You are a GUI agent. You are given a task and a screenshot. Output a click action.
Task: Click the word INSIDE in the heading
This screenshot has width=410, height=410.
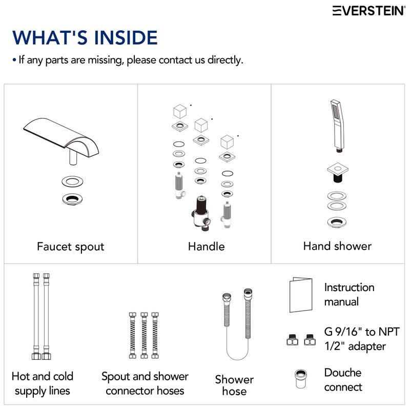(x=126, y=37)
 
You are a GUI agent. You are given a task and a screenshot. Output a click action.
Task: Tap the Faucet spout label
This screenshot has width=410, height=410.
(x=71, y=247)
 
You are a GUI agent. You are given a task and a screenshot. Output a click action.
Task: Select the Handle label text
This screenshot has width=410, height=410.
(x=207, y=247)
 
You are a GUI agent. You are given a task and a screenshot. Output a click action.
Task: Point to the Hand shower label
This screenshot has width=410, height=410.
(x=337, y=246)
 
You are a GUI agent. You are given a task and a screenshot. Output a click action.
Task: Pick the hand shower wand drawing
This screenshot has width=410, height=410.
(x=338, y=125)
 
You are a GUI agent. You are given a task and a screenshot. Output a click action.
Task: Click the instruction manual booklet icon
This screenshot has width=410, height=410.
(x=301, y=295)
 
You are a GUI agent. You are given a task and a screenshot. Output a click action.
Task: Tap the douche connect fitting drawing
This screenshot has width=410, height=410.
(x=301, y=379)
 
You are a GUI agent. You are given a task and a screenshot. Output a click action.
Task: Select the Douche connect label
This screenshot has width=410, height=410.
(x=343, y=380)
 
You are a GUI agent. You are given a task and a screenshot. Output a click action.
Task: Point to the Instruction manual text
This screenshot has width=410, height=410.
(x=350, y=294)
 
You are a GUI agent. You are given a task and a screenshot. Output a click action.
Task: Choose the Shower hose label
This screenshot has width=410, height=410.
(x=234, y=385)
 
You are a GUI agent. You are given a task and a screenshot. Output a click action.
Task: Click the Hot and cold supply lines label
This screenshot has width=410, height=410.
(x=43, y=383)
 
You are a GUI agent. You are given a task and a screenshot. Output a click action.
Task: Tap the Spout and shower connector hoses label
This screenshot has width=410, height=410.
(x=145, y=383)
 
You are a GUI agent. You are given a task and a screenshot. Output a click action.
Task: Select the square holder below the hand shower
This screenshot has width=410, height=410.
(x=338, y=172)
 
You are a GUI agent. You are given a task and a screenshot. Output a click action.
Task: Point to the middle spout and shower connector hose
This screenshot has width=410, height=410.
(x=144, y=335)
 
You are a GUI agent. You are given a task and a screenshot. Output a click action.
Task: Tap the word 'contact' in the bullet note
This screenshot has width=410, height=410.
(x=176, y=60)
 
